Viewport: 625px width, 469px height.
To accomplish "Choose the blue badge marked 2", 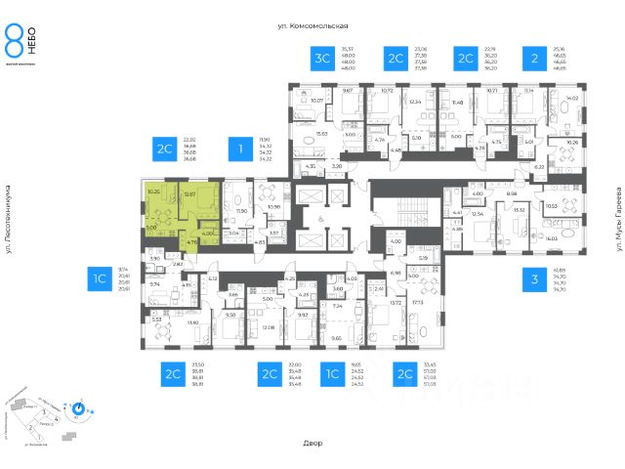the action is tap(532, 60).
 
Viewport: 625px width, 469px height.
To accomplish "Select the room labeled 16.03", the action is tap(552, 237).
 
